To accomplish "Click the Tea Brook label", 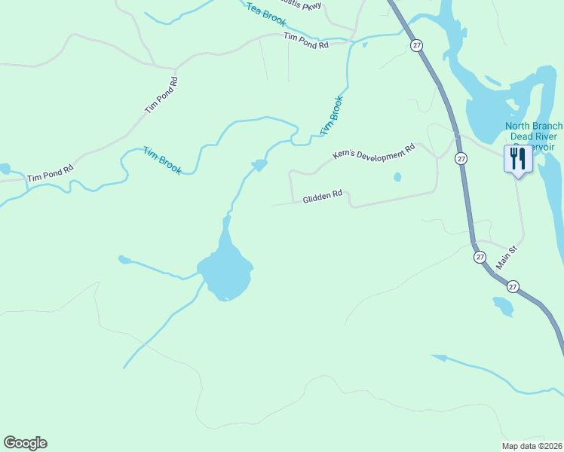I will pos(265,14).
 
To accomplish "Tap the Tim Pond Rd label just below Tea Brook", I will pos(306,41).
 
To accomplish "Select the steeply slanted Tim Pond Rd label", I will pos(161,96).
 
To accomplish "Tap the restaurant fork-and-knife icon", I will pos(517,159).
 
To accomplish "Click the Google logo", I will pos(25,443).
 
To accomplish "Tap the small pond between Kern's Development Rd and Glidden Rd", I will pos(397,178).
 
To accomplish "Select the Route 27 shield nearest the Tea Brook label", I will pos(417,46).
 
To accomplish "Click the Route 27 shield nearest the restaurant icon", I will pos(461,159).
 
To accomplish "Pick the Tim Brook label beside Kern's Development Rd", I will pos(331,115).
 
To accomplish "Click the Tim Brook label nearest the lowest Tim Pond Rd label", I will pos(162,160).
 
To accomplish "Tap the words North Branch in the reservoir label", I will pos(534,126).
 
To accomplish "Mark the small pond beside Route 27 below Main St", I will pos(503,306).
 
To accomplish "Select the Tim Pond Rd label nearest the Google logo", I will pos(50,173).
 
